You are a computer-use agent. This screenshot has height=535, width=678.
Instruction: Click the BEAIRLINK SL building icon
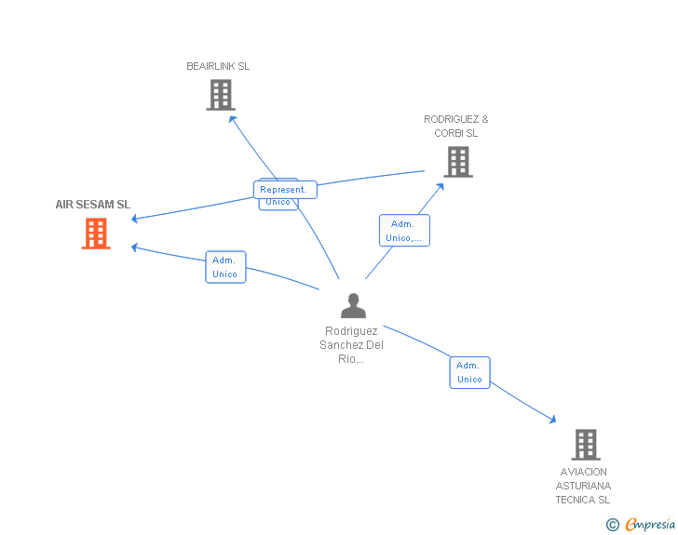[221, 95]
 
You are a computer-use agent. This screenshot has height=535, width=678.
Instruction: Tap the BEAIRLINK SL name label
[218, 66]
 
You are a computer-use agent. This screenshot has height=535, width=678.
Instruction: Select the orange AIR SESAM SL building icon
[96, 234]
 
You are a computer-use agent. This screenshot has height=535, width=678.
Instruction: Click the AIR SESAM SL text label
[93, 205]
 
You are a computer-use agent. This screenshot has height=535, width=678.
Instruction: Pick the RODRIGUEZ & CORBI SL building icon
[457, 162]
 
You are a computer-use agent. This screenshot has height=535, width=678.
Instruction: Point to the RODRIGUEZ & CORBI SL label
[456, 126]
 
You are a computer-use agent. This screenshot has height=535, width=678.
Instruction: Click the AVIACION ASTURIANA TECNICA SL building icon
[585, 445]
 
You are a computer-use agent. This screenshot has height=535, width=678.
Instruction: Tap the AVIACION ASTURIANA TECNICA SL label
[584, 486]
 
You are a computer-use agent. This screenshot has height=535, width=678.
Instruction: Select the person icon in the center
[353, 305]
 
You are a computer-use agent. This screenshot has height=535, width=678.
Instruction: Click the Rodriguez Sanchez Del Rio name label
[352, 344]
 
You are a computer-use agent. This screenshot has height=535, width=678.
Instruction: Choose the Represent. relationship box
[284, 190]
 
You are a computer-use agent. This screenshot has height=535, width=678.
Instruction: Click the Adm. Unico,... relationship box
[404, 231]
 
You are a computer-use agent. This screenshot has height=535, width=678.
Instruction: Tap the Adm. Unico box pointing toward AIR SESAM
[225, 267]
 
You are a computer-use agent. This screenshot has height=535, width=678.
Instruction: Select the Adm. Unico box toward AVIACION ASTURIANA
[469, 372]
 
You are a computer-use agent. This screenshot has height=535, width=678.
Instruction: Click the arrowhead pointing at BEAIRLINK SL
[232, 117]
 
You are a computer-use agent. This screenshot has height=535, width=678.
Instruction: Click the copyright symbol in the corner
[612, 525]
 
